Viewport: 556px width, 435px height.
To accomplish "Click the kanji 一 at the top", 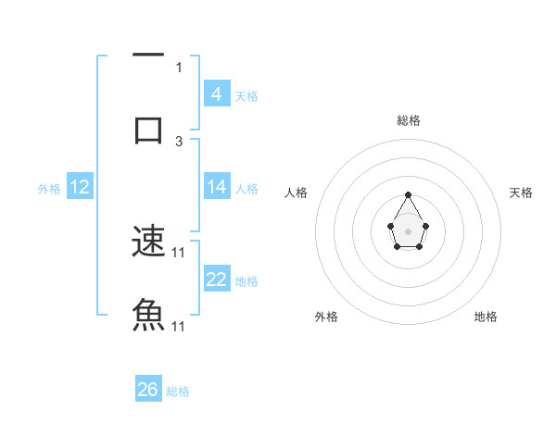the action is [x=148, y=56].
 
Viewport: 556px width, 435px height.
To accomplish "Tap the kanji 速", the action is [x=148, y=242].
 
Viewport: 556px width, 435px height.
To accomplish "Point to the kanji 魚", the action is [x=148, y=316].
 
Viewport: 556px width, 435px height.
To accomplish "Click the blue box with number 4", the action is [x=217, y=93].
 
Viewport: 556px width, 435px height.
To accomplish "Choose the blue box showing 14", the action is [x=217, y=187].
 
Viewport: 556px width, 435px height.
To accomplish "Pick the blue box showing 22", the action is [x=217, y=280].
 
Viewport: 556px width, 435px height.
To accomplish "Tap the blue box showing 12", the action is [x=80, y=187].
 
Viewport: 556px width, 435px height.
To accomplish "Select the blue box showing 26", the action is [x=148, y=390].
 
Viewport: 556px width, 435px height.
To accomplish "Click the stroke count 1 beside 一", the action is [x=179, y=67].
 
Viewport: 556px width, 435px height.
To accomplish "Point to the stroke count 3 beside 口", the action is [x=179, y=142].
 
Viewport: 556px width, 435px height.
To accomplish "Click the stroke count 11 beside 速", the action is [x=180, y=253].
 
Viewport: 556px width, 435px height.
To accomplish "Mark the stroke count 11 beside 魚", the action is [x=180, y=327].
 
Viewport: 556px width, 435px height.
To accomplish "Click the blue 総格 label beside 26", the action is [x=178, y=391].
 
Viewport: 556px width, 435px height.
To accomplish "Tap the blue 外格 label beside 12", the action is [x=49, y=189].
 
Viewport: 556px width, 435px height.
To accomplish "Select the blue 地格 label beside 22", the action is [x=246, y=281].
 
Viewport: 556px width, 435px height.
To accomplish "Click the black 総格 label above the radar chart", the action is [x=409, y=120].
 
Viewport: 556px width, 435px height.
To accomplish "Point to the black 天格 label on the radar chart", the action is [x=521, y=193].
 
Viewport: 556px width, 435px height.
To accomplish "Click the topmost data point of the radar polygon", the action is [x=408, y=194].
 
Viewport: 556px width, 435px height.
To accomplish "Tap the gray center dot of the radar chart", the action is [x=408, y=230].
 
